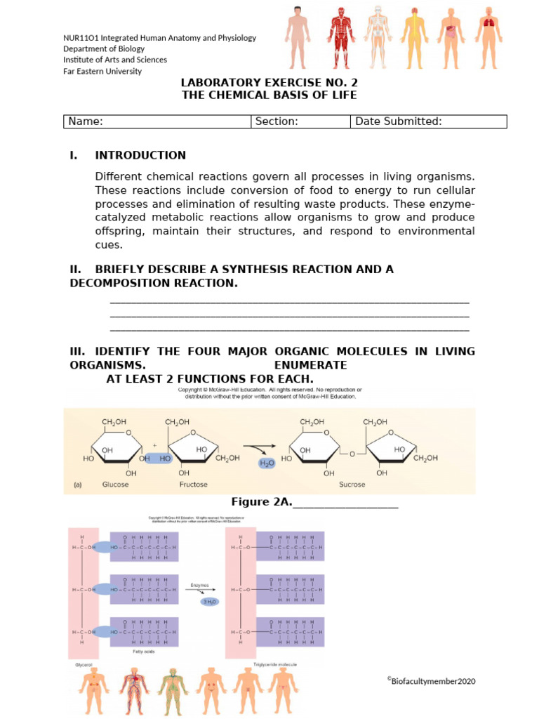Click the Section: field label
point(277,121)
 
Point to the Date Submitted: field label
point(399,121)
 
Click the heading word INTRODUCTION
point(140,155)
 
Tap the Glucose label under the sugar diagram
point(115,484)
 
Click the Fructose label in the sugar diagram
point(193,484)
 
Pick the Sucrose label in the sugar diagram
point(352,484)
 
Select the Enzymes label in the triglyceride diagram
point(199,584)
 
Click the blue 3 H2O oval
point(210,601)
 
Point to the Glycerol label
point(84,664)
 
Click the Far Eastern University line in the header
point(102,71)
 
